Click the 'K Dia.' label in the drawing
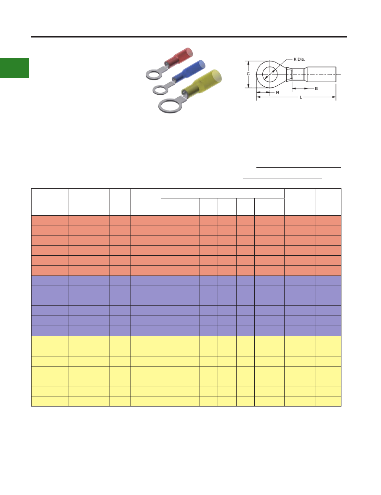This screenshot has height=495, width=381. point(299,59)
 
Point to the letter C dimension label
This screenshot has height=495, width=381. point(248,74)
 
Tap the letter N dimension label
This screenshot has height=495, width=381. point(277,93)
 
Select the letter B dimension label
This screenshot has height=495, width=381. point(316,88)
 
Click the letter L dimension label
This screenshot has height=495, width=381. point(301,97)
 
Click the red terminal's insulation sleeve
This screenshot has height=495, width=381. point(179,56)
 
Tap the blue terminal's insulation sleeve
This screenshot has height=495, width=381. point(189,71)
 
